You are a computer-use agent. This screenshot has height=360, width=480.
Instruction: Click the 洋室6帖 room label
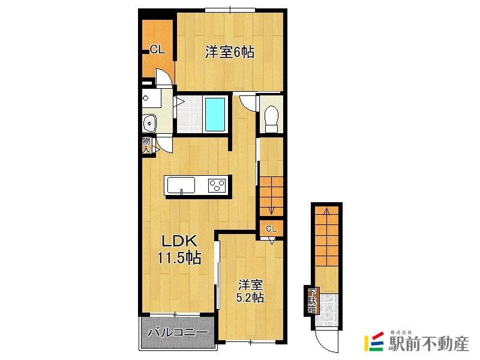pyautogui.click(x=229, y=52)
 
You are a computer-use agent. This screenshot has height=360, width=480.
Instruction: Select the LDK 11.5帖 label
pyautogui.click(x=178, y=250)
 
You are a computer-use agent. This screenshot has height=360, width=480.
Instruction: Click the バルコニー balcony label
pyautogui.click(x=178, y=332)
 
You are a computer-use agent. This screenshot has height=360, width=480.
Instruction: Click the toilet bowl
pyautogui.click(x=271, y=118)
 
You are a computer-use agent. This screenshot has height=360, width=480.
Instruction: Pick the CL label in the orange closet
pyautogui.click(x=157, y=50)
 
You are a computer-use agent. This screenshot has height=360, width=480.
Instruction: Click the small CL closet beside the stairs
pyautogui.click(x=271, y=228)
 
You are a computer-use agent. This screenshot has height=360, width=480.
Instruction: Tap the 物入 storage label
pyautogui.click(x=146, y=145)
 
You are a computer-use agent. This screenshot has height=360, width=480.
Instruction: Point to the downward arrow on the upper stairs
pyautogui.click(x=271, y=209)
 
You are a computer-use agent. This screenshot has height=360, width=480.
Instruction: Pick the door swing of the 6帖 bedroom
pyautogui.click(x=163, y=77)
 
